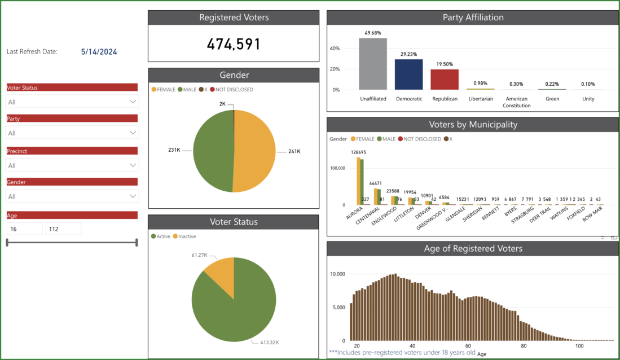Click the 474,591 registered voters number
pyautogui.click(x=234, y=44)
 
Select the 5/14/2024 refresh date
pyautogui.click(x=99, y=51)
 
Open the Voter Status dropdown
pyautogui.click(x=72, y=102)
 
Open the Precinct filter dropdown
pyautogui.click(x=72, y=165)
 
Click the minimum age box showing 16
pyautogui.click(x=24, y=229)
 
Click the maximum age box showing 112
pyautogui.click(x=63, y=229)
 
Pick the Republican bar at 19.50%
pyautogui.click(x=445, y=80)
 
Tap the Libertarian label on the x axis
pyautogui.click(x=481, y=99)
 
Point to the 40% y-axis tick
pyautogui.click(x=335, y=49)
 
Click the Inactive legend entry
pyautogui.click(x=187, y=236)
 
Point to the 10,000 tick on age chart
pyautogui.click(x=337, y=274)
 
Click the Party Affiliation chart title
pyautogui.click(x=473, y=17)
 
